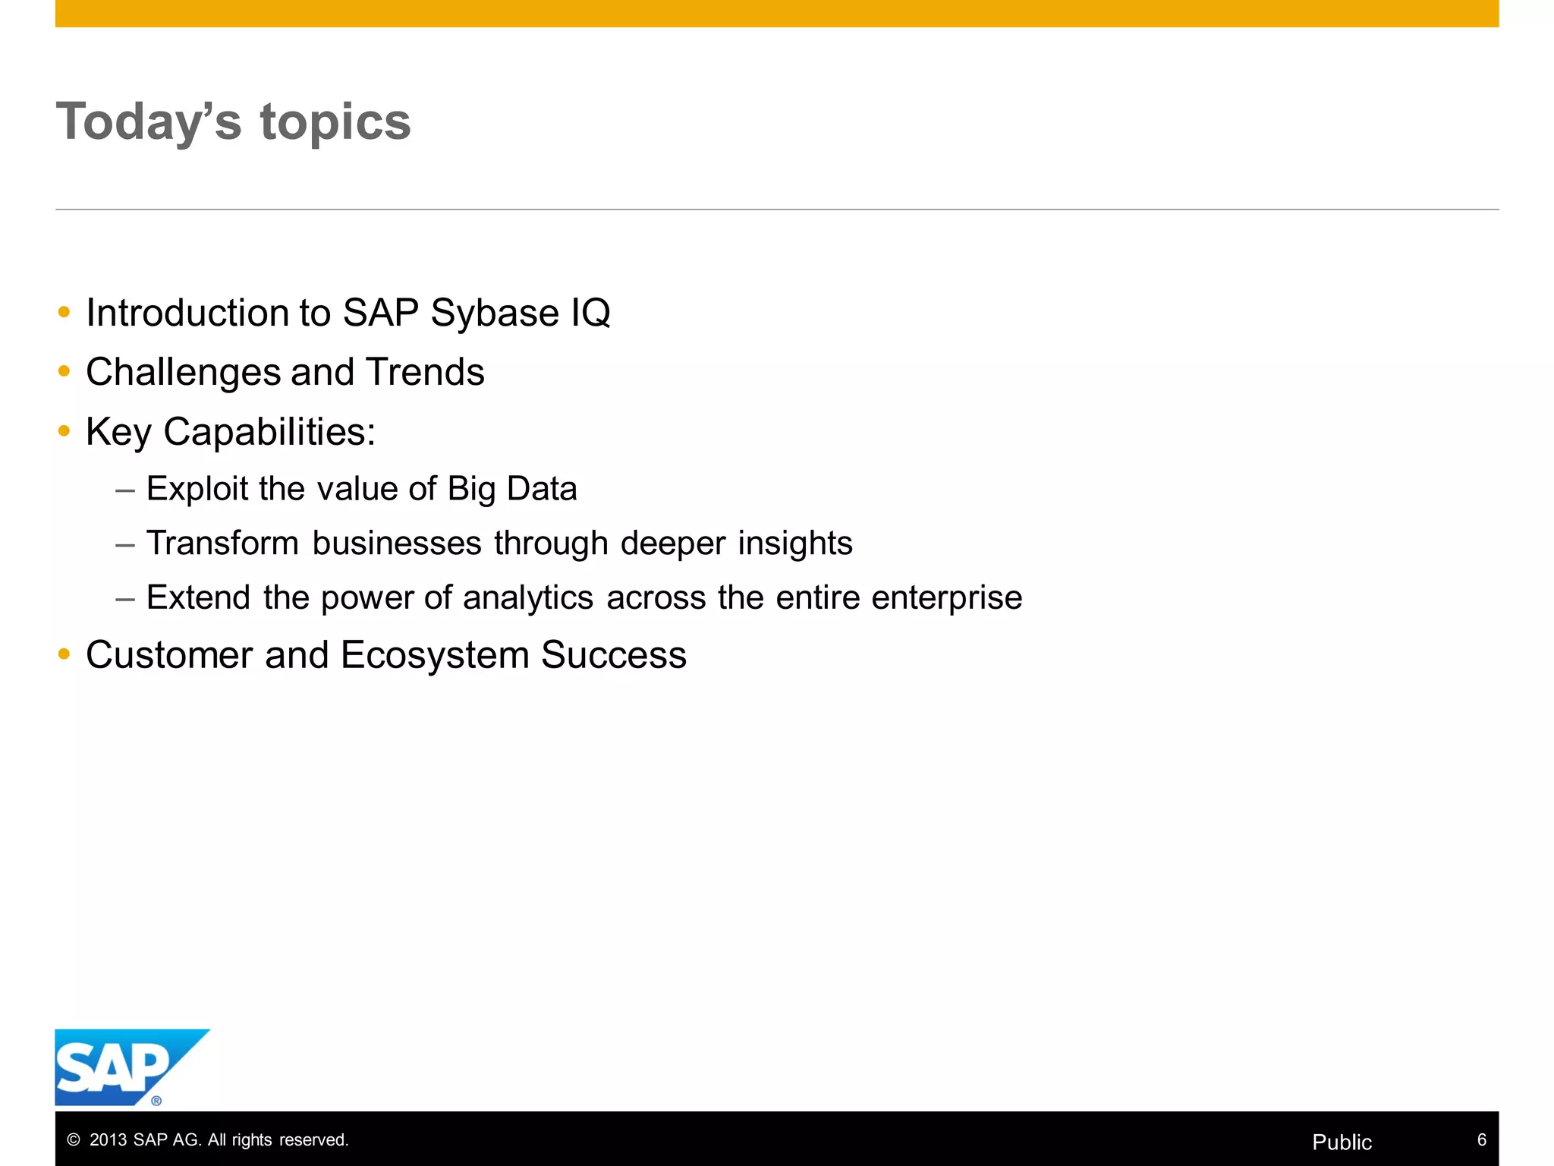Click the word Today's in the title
coord(149,121)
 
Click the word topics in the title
coord(335,123)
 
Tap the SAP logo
coord(121,1067)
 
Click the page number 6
coord(1481,1139)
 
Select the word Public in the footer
coord(1342,1142)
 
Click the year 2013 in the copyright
coord(108,1139)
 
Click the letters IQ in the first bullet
coord(590,314)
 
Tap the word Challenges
coord(183,373)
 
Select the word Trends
coord(425,372)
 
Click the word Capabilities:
coord(269,432)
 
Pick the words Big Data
coord(512,489)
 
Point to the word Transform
coord(222,543)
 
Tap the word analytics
coord(527,598)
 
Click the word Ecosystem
coord(434,655)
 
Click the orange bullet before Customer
coord(64,654)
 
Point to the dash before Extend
coord(125,598)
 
